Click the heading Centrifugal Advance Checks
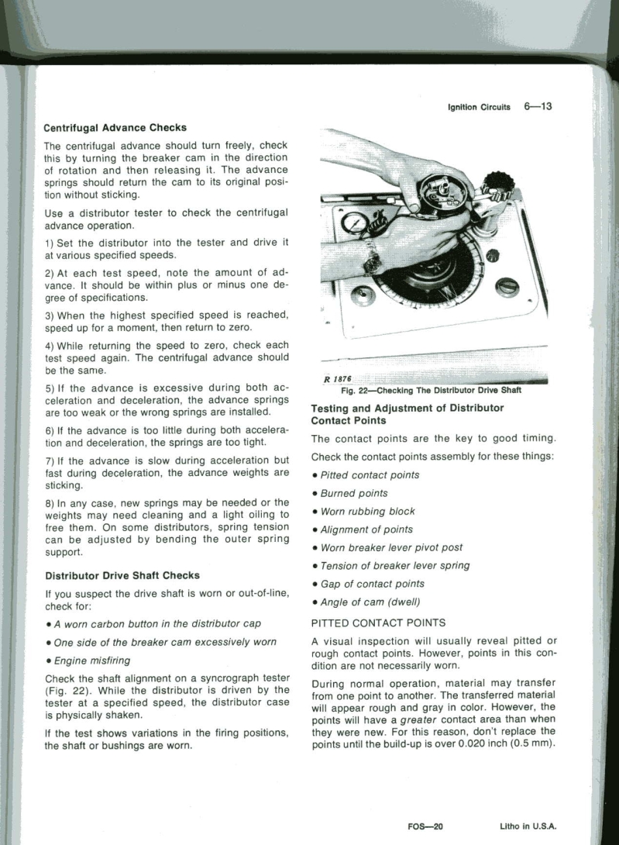point(115,127)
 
